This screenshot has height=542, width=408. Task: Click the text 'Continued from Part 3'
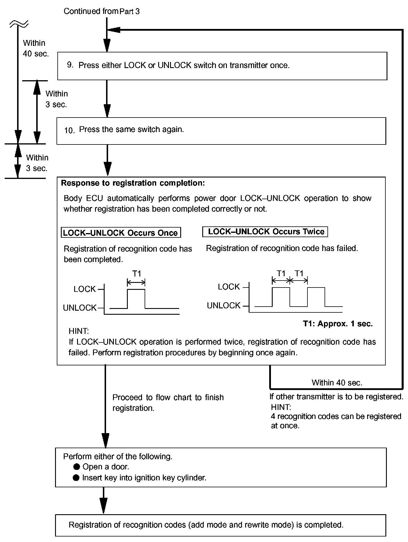(101, 11)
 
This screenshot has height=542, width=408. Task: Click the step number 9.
(70, 65)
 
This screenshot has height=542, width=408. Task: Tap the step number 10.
(70, 130)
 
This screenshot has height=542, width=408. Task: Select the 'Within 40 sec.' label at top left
(35, 48)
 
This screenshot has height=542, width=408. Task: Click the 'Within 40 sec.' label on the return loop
(337, 383)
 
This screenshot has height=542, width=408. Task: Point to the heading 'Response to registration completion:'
(133, 183)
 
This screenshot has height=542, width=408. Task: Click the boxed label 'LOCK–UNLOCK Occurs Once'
(121, 233)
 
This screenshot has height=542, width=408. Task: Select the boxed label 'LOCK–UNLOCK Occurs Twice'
(265, 232)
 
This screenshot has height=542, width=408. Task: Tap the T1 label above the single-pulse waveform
(136, 274)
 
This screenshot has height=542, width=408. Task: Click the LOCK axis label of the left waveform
(85, 289)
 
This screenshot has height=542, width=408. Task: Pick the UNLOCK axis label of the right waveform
(224, 305)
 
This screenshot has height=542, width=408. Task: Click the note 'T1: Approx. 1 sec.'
(338, 324)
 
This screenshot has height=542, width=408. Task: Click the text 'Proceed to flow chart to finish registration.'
(168, 403)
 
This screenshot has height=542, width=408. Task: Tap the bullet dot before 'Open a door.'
(76, 467)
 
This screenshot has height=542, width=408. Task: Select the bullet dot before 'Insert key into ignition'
(76, 478)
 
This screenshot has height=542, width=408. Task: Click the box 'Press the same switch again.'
(221, 131)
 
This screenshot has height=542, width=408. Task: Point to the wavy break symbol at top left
(19, 24)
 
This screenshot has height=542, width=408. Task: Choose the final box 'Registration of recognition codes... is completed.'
(221, 525)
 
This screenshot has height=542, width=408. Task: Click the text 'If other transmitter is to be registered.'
(336, 397)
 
